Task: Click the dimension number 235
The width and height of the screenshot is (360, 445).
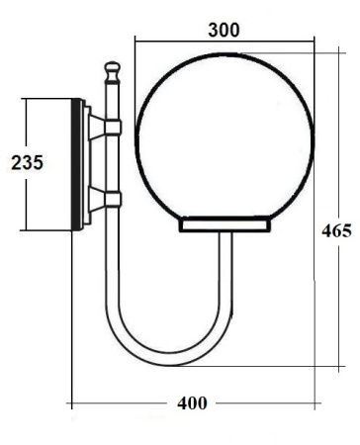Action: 27,163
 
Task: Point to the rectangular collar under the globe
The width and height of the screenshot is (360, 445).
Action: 224,225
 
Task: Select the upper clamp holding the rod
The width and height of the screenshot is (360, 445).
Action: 112,127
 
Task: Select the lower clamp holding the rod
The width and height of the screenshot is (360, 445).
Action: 112,200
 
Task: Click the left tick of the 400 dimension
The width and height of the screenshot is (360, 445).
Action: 70,403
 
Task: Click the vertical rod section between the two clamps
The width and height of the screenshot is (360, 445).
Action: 113,163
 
